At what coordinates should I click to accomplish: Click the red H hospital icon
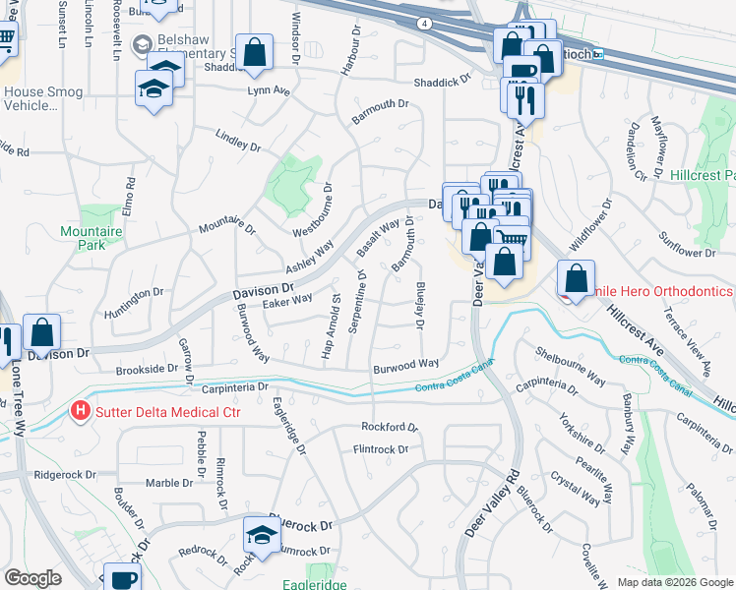coord(82,411)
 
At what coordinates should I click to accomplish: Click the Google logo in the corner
coord(33,577)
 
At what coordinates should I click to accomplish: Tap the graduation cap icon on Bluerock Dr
coord(262,533)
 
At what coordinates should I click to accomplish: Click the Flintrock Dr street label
coord(381,449)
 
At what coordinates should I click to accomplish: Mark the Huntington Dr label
coord(131,294)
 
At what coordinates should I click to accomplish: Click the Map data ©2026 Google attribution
coord(674,582)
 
